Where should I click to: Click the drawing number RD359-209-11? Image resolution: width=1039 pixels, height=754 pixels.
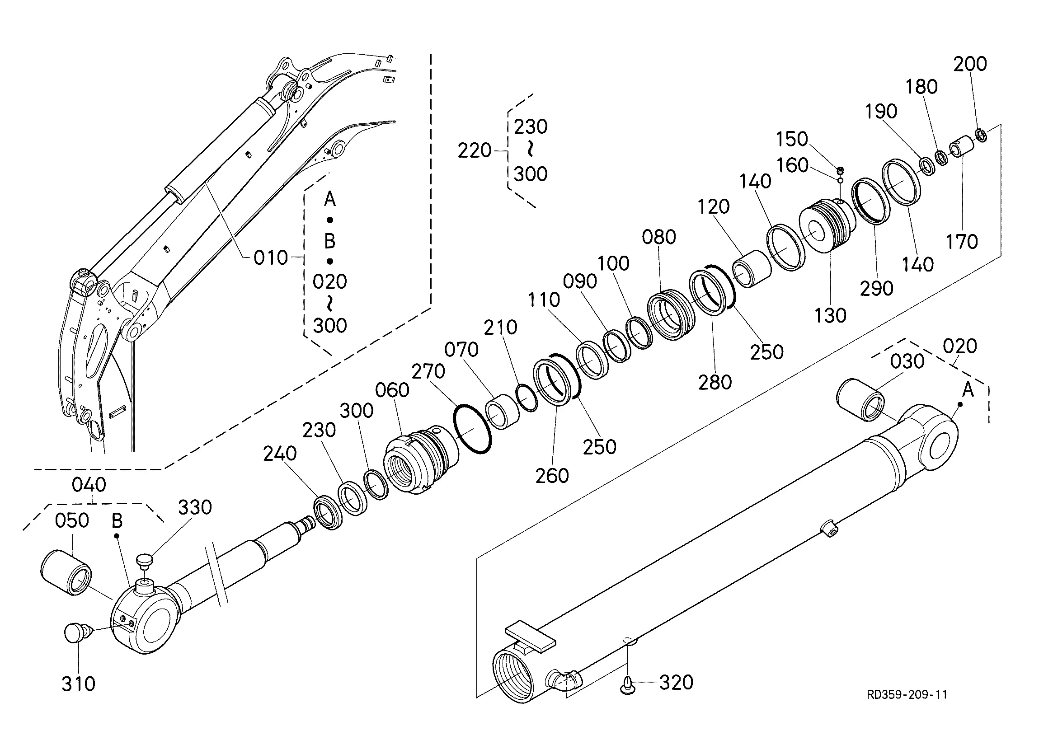907,694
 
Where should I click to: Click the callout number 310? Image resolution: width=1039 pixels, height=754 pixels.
78,684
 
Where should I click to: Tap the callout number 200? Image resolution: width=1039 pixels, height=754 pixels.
970,64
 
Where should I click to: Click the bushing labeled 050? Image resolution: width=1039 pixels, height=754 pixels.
66,572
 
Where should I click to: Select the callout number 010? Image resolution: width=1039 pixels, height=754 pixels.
271,258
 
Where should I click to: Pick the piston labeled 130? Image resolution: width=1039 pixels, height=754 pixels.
827,227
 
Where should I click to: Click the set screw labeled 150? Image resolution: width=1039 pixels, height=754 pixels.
840,171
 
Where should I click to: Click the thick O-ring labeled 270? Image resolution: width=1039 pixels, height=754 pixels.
472,429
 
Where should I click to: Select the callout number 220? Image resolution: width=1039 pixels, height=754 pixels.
474,151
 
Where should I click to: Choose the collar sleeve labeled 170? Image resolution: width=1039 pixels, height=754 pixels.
961,146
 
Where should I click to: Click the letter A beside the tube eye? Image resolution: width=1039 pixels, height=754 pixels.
968,390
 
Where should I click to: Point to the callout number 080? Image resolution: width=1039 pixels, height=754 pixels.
659,237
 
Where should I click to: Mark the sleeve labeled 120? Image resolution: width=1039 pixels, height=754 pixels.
752,269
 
